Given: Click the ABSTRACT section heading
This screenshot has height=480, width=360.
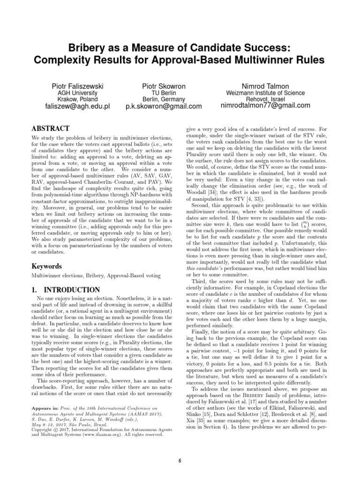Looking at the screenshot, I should tap(50, 128).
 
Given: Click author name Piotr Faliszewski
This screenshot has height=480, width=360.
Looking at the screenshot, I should tap(77, 86).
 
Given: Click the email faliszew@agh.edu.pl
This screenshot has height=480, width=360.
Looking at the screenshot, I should tap(77, 106).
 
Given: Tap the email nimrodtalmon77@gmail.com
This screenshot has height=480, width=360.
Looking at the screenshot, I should tap(265, 105).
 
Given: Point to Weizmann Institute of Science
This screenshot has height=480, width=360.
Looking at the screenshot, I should tap(265, 93).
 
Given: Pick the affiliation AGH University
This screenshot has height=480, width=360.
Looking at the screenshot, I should tap(77, 93).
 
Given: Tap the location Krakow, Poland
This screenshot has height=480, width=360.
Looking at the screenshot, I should tap(77, 99).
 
